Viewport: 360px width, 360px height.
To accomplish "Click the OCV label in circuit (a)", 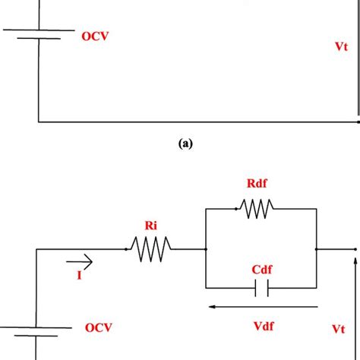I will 96,36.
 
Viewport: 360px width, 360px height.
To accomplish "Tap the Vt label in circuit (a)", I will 341,46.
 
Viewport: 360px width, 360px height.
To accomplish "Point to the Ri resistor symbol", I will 150,248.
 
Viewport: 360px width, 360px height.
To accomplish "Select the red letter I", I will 79,276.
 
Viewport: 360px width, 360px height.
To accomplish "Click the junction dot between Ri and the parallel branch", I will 206,248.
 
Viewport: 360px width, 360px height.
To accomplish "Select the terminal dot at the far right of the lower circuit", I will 355,248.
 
